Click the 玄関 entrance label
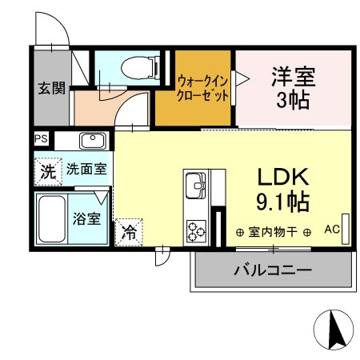pyautogui.click(x=51, y=88)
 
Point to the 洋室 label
pyautogui.click(x=293, y=78)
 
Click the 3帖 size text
pyautogui.click(x=293, y=102)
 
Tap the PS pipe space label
pyautogui.click(x=40, y=139)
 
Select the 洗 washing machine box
pyautogui.click(x=48, y=170)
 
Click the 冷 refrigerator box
pyautogui.click(x=128, y=233)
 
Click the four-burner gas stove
pyautogui.click(x=197, y=230)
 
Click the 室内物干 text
pyautogui.click(x=274, y=232)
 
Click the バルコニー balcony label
pyautogui.click(x=272, y=270)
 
